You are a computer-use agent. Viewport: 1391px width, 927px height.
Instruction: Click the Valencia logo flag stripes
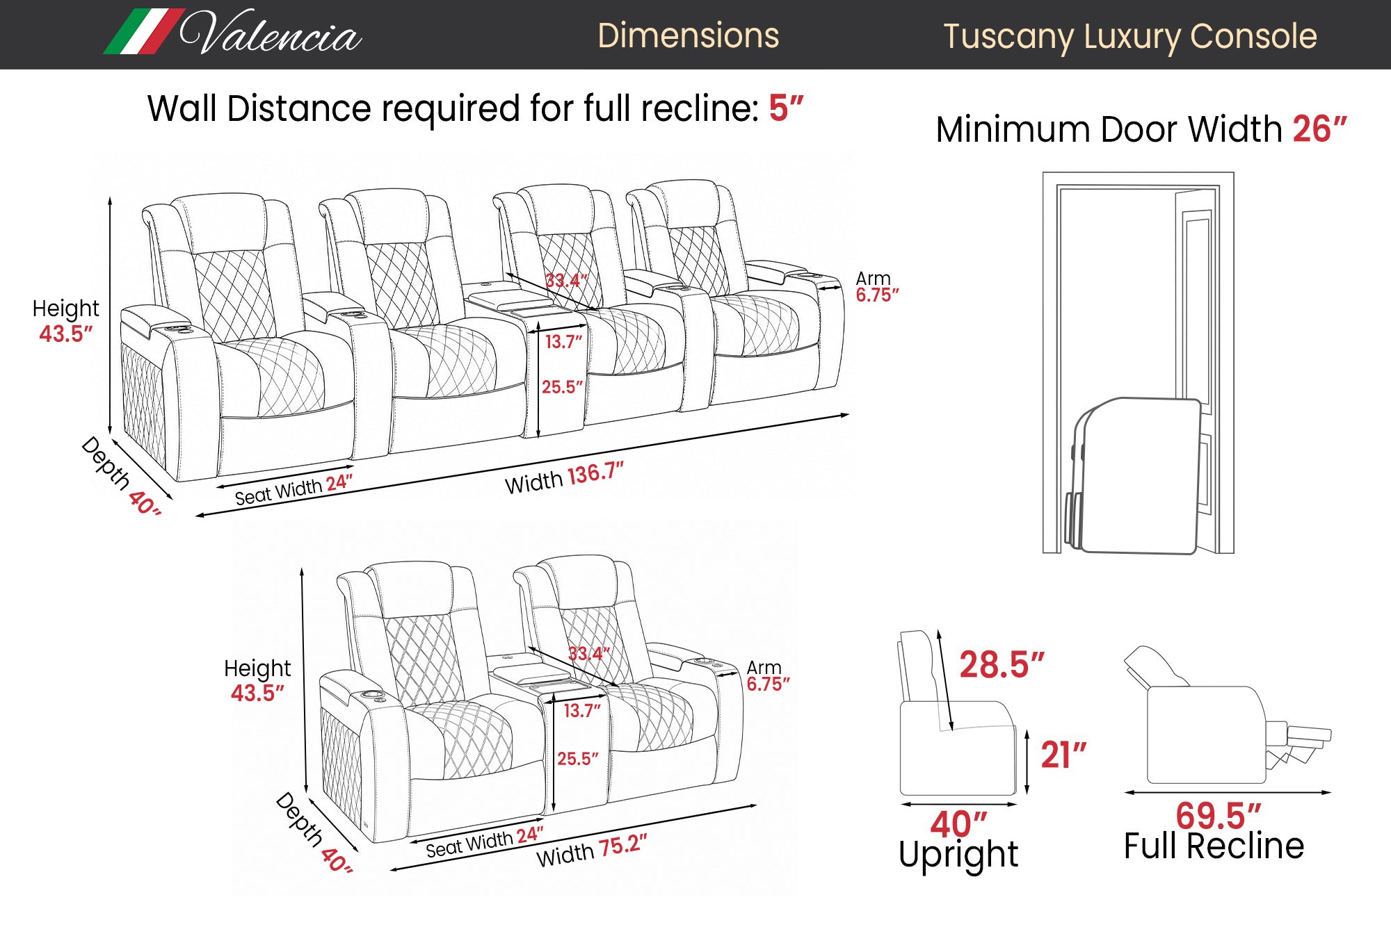(x=144, y=31)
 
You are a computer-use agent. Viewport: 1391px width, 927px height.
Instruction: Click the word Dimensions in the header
(x=688, y=35)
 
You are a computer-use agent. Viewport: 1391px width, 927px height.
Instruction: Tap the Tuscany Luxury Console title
(x=1129, y=38)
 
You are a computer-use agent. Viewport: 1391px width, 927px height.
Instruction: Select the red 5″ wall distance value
(x=786, y=108)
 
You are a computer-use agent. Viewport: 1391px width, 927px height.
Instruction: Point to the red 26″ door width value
(x=1319, y=129)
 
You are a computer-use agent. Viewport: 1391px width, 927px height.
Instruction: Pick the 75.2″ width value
(x=623, y=846)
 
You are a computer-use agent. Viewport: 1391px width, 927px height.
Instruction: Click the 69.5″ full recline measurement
(x=1218, y=815)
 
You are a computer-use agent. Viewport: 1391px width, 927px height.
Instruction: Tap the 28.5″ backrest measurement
(x=1002, y=664)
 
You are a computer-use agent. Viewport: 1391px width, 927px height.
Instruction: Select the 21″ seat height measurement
(x=1063, y=755)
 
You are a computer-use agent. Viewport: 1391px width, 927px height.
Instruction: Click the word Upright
(x=958, y=855)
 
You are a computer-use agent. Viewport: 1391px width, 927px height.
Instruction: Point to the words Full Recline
(x=1214, y=846)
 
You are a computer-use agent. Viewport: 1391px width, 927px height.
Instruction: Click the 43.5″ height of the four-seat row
(x=65, y=334)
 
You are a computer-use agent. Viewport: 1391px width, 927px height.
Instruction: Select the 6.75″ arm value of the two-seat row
(x=768, y=684)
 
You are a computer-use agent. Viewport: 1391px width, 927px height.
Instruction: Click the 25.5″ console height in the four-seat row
(x=562, y=387)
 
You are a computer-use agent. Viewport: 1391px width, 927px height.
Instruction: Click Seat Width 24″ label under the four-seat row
(x=294, y=490)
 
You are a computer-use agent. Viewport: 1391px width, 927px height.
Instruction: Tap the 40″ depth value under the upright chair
(x=958, y=824)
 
